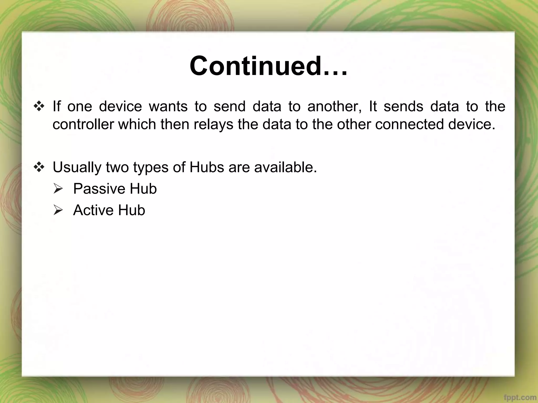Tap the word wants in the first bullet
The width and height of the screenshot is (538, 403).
tap(168, 107)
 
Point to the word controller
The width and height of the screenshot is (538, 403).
tap(83, 124)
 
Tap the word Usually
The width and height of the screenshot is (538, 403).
tap(77, 167)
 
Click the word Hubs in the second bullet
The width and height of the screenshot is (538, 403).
tap(207, 167)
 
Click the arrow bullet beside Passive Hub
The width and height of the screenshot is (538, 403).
tap(58, 189)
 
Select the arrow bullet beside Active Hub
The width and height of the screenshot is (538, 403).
tap(58, 210)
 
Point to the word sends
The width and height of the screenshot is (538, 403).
tap(403, 107)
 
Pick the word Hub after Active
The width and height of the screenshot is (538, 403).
tap(131, 210)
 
